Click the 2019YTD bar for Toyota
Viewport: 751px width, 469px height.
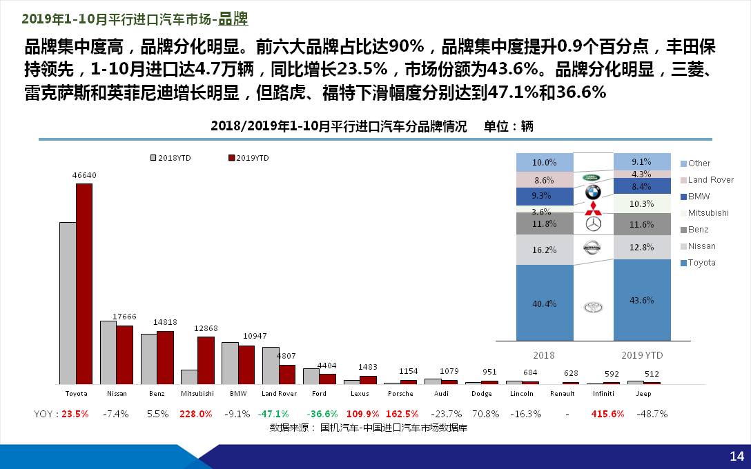click(x=84, y=283)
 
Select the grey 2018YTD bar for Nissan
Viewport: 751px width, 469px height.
click(x=108, y=352)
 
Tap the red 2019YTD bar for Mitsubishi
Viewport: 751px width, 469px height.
click(x=206, y=360)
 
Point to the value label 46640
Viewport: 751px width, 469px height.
click(x=84, y=175)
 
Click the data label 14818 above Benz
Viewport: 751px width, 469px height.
click(x=165, y=322)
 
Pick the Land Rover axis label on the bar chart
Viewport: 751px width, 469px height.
click(x=279, y=394)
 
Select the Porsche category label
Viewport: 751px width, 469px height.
click(x=400, y=394)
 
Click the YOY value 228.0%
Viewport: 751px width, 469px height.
click(x=196, y=414)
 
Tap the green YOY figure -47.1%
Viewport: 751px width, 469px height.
click(x=273, y=414)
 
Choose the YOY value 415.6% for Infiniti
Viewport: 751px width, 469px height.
click(x=607, y=414)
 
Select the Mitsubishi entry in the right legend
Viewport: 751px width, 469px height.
click(x=708, y=213)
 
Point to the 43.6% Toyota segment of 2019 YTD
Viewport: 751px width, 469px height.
click(x=642, y=300)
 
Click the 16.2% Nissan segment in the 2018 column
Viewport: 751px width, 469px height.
click(x=545, y=250)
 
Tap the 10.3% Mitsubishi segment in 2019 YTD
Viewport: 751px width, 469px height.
click(x=642, y=204)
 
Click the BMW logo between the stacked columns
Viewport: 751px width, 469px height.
click(x=593, y=192)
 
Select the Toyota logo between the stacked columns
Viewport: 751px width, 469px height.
click(x=593, y=308)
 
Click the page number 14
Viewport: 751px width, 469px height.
click(x=737, y=456)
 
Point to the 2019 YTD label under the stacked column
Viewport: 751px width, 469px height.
click(x=642, y=355)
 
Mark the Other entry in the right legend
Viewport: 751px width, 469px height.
click(x=699, y=163)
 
